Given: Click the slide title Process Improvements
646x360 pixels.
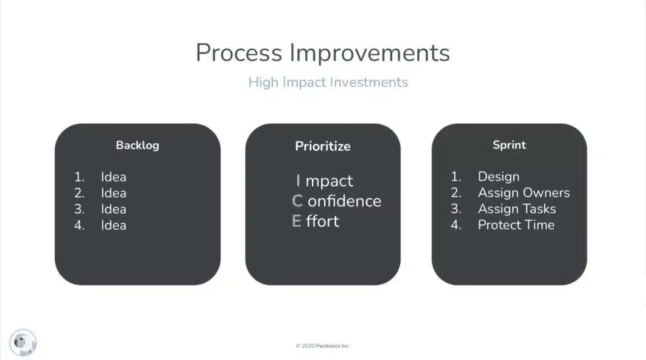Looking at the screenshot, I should (322, 53).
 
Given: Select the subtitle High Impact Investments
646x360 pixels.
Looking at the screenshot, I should (328, 82).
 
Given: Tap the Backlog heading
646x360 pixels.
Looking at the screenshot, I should (137, 145).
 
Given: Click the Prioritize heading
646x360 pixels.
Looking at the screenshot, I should (322, 146).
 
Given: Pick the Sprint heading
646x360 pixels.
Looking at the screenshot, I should (509, 145).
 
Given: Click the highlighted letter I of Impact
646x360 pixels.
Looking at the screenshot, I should (298, 181).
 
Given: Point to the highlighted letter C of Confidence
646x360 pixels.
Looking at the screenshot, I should (297, 201).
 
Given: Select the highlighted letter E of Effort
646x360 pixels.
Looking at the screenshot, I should (297, 222).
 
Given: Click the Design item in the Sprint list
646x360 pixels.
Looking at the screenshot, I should (498, 177).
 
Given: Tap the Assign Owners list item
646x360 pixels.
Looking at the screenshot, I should (523, 193).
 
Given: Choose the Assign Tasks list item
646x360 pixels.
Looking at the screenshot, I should (517, 209).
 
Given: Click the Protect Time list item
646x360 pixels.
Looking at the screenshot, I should (516, 225).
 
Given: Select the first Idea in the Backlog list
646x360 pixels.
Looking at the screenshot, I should (113, 177).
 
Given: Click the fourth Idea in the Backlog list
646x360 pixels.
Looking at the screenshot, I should (113, 225).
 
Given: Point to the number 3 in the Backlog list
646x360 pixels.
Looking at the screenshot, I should (79, 209).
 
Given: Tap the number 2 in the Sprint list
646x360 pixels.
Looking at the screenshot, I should (456, 193).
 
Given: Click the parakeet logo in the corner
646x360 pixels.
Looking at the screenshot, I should (24, 342).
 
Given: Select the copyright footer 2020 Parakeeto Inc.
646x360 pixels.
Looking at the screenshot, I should (322, 345).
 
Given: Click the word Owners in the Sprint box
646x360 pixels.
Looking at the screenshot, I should (546, 193).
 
